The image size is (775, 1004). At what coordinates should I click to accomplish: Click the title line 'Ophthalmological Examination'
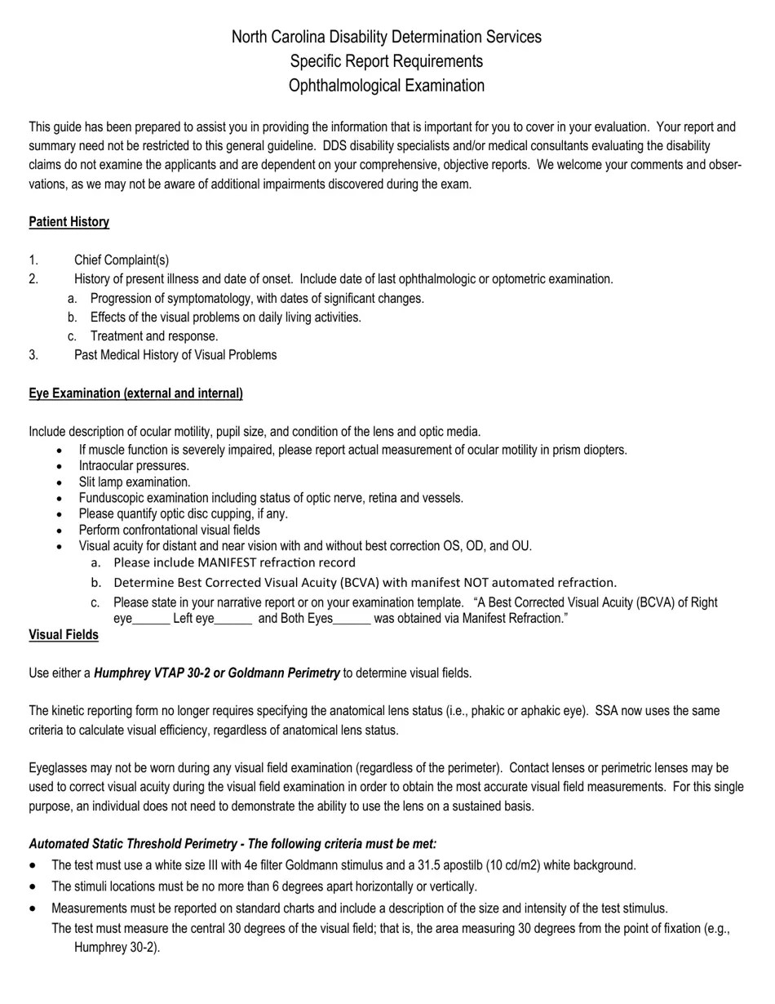click(x=386, y=86)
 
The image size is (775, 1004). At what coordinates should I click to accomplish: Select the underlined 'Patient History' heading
click(x=69, y=222)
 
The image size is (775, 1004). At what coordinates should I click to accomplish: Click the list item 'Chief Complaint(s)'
click(x=122, y=260)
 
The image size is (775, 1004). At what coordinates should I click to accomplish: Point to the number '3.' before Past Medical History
click(x=33, y=355)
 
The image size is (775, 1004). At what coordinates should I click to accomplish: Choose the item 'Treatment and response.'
click(x=154, y=336)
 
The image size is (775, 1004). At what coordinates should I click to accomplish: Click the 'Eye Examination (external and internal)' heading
click(x=135, y=393)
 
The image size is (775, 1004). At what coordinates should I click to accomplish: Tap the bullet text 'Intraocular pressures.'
click(x=134, y=466)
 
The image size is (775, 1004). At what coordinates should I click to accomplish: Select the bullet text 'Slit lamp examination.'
click(x=135, y=482)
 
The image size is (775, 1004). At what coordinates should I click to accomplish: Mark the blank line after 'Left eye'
click(x=233, y=620)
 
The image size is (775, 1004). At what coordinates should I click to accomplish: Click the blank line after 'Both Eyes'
click(x=352, y=620)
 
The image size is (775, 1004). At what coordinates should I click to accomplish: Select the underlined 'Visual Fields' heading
click(x=64, y=635)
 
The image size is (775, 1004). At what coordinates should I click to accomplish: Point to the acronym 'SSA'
click(x=607, y=711)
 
